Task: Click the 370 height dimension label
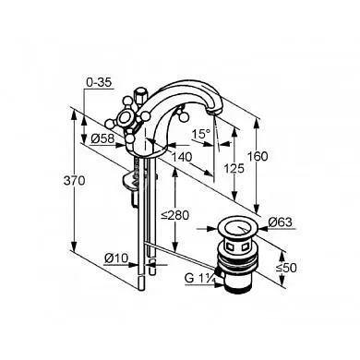74,181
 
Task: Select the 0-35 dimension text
99,83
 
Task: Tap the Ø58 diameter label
102,139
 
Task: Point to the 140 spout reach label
182,157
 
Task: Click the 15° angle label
201,134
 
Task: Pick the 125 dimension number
234,169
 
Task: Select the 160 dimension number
258,156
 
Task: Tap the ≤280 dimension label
175,215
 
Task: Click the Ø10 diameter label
116,258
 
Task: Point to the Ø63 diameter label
280,222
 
